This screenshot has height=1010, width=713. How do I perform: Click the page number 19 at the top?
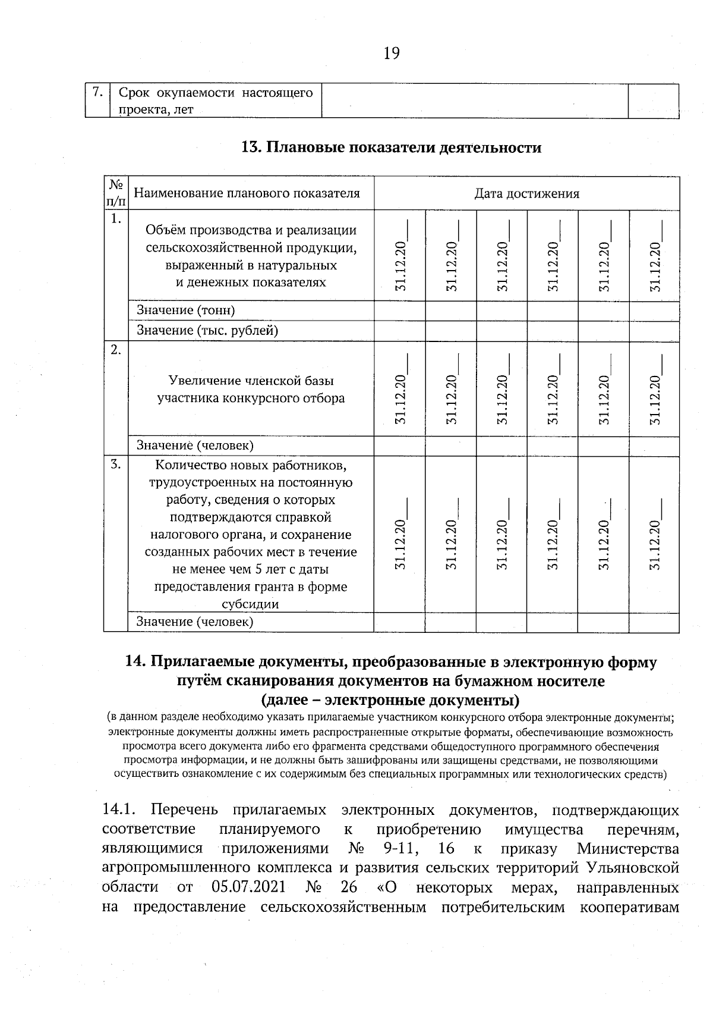pyautogui.click(x=392, y=54)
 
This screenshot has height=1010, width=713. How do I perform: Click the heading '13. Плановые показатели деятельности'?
pyautogui.click(x=391, y=148)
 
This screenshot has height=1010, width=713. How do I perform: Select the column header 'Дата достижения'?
pyautogui.click(x=526, y=193)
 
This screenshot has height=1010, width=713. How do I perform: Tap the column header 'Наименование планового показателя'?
pyautogui.click(x=247, y=193)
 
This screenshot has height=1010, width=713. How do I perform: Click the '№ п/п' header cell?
pyautogui.click(x=116, y=193)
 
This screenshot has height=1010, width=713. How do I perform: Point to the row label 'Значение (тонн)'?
pyautogui.click(x=186, y=310)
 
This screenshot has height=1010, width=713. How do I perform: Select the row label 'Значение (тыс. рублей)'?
pyautogui.click(x=207, y=330)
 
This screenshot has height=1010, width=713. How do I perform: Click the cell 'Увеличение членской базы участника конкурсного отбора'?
pyautogui.click(x=251, y=389)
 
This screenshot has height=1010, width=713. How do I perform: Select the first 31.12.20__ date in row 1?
pyautogui.click(x=400, y=257)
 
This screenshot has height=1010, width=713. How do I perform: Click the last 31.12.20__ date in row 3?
pyautogui.click(x=654, y=536)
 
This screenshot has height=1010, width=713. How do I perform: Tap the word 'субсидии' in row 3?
pyautogui.click(x=250, y=604)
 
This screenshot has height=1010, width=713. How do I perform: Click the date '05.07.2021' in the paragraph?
pyautogui.click(x=248, y=887)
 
